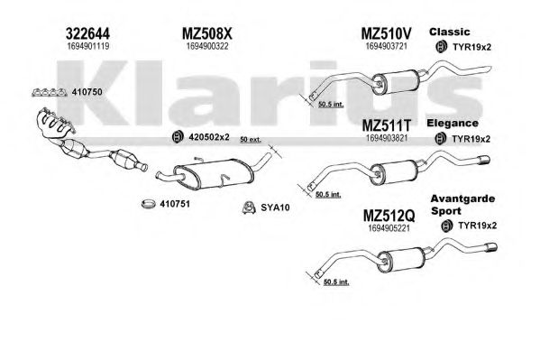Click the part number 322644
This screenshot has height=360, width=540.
[x=87, y=33]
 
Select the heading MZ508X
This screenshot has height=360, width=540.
[x=207, y=33]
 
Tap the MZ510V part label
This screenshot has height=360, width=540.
[x=386, y=33]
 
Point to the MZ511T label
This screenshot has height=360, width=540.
[x=387, y=125]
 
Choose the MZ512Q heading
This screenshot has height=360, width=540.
[x=389, y=217]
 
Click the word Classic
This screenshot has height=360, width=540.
[x=450, y=32]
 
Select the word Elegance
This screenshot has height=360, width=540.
[x=453, y=124]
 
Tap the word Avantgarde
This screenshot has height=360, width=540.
[x=462, y=199]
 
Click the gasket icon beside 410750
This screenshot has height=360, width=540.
[x=50, y=92]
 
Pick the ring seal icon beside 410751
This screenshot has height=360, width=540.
[x=149, y=204]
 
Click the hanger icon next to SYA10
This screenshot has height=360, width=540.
[x=248, y=208]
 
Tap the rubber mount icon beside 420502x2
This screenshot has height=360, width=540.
[x=178, y=137]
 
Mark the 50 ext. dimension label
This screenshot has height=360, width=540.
[x=251, y=140]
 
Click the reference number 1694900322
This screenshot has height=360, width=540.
[x=207, y=46]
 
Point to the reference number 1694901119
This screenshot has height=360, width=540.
[x=88, y=46]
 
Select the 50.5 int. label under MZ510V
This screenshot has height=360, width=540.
[x=331, y=104]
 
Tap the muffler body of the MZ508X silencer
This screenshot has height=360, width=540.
[x=214, y=174]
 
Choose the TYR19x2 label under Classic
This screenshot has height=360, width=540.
[x=471, y=47]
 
